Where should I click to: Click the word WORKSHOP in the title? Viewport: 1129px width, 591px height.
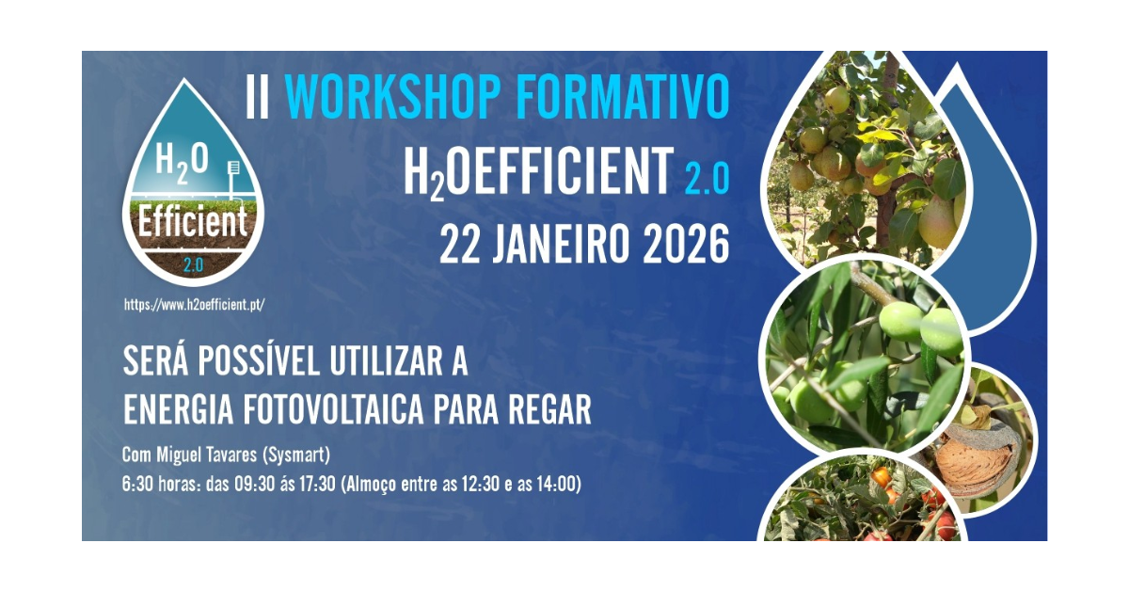pyautogui.click(x=392, y=96)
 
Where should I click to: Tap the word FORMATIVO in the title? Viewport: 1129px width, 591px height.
pyautogui.click(x=624, y=96)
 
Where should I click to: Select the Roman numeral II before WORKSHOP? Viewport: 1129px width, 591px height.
pyautogui.click(x=258, y=96)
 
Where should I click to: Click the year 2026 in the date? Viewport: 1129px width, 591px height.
pyautogui.click(x=687, y=244)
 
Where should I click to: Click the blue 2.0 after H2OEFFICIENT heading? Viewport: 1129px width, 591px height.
pyautogui.click(x=708, y=179)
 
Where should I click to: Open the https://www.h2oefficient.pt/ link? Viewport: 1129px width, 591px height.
pyautogui.click(x=194, y=305)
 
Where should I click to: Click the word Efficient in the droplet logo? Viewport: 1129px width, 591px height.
pyautogui.click(x=193, y=221)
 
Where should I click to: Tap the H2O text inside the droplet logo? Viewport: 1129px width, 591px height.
pyautogui.click(x=182, y=161)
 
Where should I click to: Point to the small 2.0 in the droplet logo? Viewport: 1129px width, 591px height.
pyautogui.click(x=193, y=264)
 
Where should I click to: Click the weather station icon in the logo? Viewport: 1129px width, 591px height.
pyautogui.click(x=234, y=178)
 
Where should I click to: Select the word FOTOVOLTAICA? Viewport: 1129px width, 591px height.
pyautogui.click(x=333, y=409)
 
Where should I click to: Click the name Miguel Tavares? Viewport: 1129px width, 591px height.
pyautogui.click(x=207, y=455)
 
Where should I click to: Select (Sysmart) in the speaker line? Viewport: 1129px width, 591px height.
pyautogui.click(x=296, y=455)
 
